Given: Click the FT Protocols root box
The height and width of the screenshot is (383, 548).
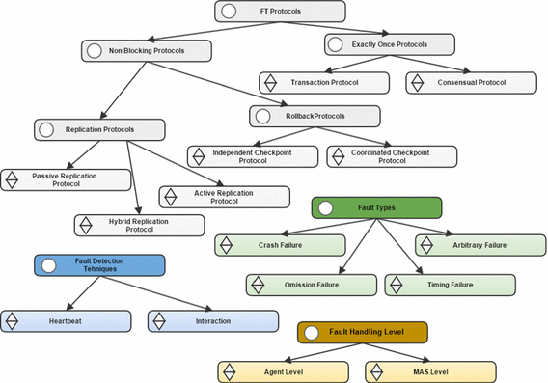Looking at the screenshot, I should (x=279, y=12).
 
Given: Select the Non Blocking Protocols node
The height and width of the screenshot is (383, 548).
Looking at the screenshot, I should (x=146, y=49).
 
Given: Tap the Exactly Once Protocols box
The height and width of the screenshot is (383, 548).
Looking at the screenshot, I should (x=389, y=43).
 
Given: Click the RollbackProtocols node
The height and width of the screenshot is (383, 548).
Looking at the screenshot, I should (x=315, y=116).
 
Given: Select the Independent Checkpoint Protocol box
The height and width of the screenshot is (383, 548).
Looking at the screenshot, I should (x=252, y=155).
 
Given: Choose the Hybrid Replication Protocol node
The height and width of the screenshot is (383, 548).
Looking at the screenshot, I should (x=140, y=225).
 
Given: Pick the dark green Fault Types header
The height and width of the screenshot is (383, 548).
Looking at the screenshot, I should (x=376, y=207).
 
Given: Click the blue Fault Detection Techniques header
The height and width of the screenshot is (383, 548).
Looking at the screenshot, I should (x=99, y=265).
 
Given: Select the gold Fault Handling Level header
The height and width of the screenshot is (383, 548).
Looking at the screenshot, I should (x=362, y=332).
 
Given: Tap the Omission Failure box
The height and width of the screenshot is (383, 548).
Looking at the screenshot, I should (x=311, y=285).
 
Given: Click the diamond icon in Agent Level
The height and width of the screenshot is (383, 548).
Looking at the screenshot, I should (x=231, y=370).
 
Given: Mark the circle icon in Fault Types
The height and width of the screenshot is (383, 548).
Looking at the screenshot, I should (x=325, y=207).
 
